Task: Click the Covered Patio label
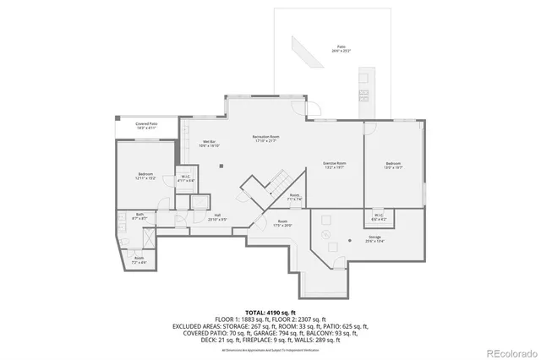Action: [148, 126]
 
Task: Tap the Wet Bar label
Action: [209, 144]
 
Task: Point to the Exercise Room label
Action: [335, 164]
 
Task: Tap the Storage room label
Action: [374, 239]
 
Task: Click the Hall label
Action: [217, 217]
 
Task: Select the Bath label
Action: [140, 216]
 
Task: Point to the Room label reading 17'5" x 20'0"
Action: [282, 223]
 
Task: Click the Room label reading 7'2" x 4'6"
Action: [139, 260]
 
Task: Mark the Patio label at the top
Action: [342, 49]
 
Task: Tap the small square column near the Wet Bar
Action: [220, 166]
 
